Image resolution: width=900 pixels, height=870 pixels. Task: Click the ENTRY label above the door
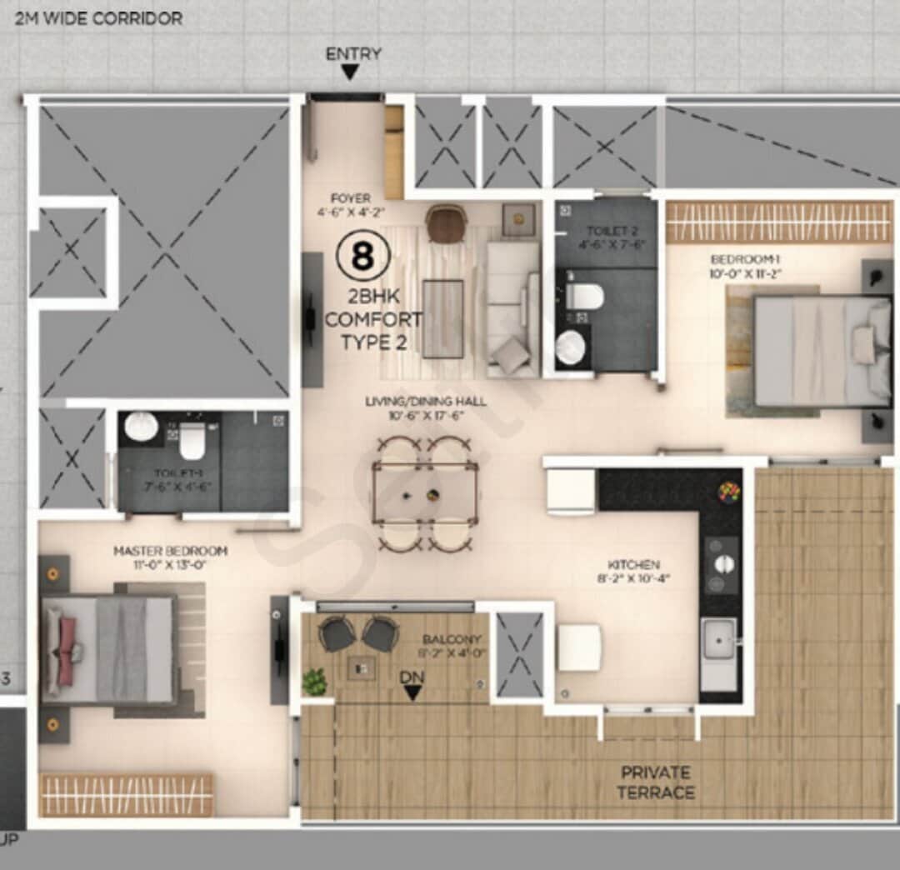click(x=353, y=54)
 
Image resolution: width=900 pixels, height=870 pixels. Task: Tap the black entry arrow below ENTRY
click(x=351, y=73)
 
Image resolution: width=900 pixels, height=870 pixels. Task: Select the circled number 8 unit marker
click(x=362, y=257)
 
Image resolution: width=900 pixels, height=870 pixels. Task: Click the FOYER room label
click(x=351, y=205)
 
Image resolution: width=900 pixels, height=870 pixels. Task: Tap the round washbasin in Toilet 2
click(x=571, y=347)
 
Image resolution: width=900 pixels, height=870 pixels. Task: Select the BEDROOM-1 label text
click(x=745, y=265)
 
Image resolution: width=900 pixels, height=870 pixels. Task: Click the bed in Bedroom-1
click(x=812, y=351)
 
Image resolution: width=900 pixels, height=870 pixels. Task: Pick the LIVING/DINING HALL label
click(x=425, y=408)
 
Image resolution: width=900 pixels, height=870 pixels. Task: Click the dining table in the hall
click(x=425, y=493)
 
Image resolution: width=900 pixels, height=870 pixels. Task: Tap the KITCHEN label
click(x=639, y=571)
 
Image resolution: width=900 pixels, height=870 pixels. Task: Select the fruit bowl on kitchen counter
click(x=728, y=492)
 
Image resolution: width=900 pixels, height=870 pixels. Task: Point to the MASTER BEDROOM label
click(x=170, y=557)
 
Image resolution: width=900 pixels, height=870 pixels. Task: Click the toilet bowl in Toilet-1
click(x=192, y=439)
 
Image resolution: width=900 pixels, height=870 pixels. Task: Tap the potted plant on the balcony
click(x=314, y=682)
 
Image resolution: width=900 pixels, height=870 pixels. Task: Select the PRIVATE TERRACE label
click(x=656, y=782)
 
